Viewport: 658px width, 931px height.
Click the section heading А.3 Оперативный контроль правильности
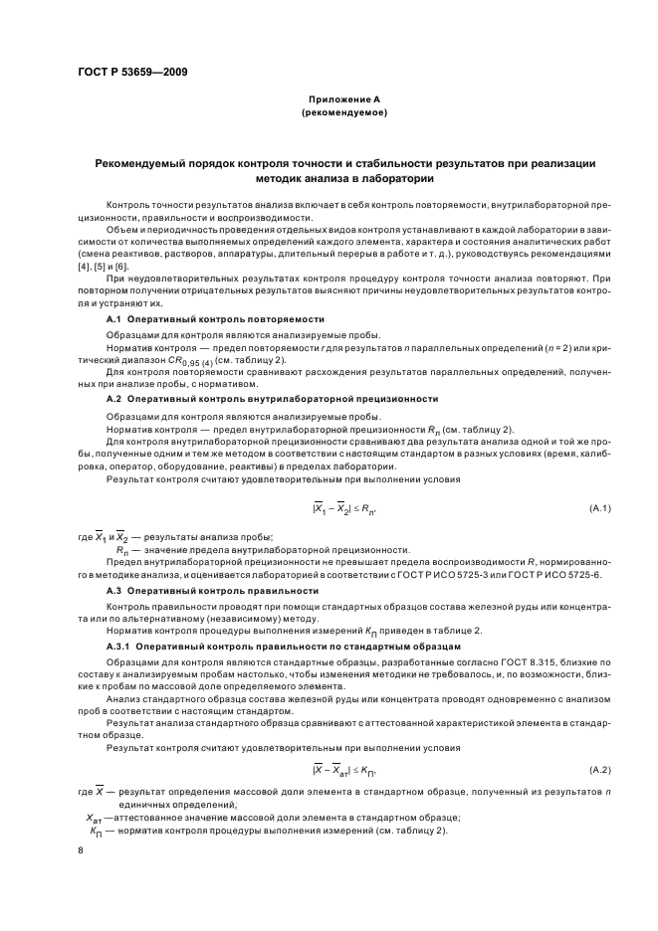click(x=212, y=591)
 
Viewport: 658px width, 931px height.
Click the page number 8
click(x=81, y=850)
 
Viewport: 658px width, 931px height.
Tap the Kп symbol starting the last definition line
click(x=96, y=831)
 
